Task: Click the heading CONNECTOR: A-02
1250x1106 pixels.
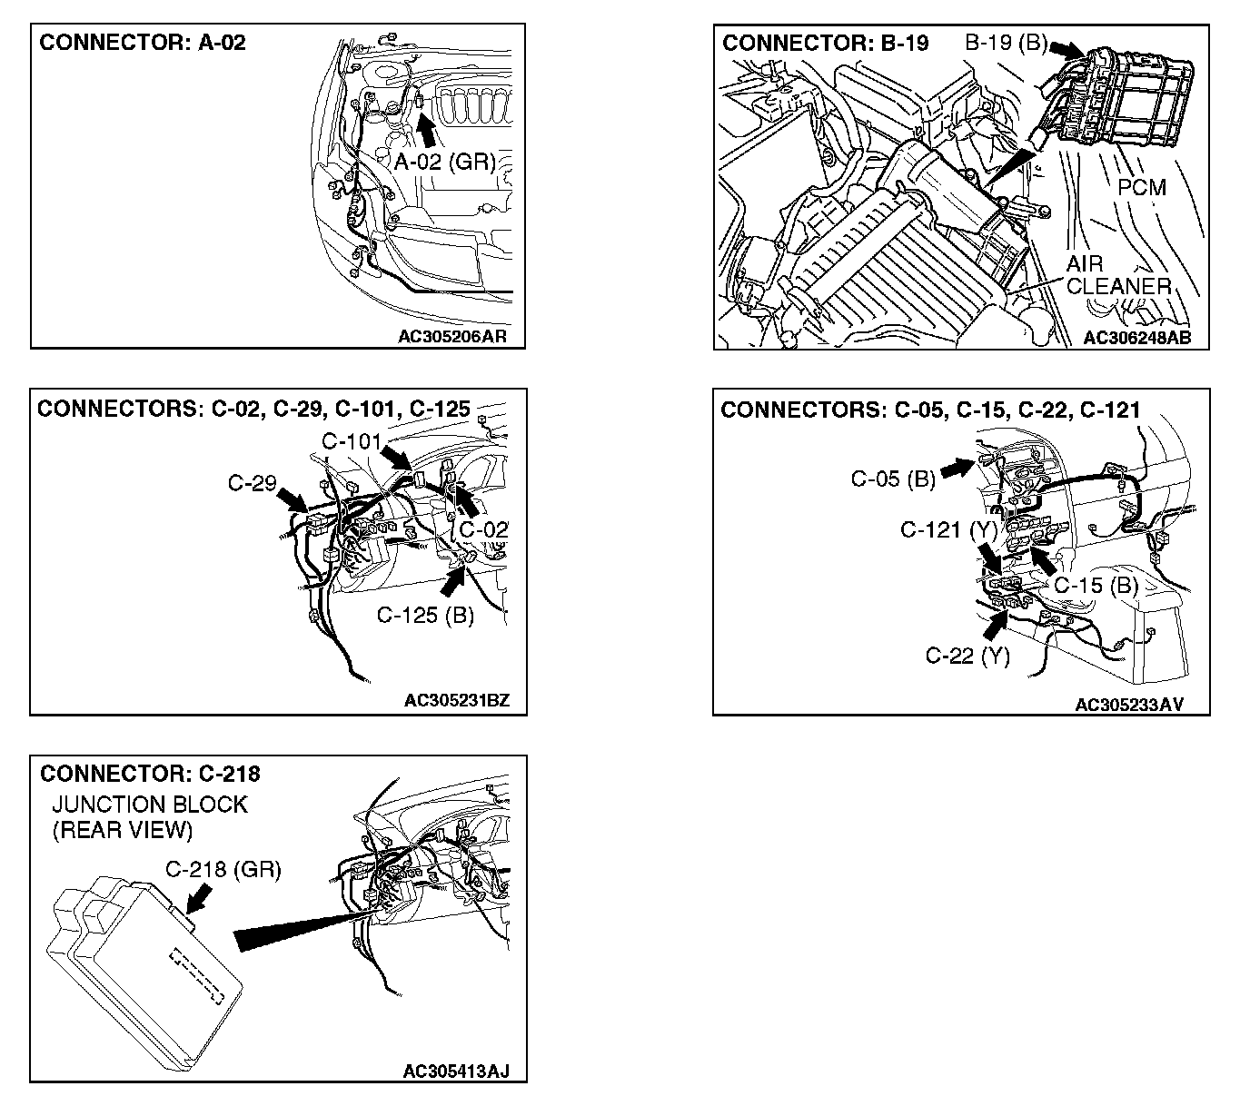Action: (x=143, y=43)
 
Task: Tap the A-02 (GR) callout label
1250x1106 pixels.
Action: (x=445, y=163)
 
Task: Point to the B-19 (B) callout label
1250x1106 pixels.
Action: (x=1006, y=43)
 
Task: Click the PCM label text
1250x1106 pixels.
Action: (x=1142, y=187)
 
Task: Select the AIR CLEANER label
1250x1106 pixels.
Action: (x=1117, y=275)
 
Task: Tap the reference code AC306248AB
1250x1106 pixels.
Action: (x=1136, y=338)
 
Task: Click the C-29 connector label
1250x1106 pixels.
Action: (x=252, y=483)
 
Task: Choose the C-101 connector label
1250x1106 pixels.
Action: (x=352, y=441)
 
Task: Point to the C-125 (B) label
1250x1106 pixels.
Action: (x=425, y=615)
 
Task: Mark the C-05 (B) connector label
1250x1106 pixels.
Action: (x=893, y=479)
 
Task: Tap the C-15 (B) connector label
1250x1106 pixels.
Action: (x=1096, y=585)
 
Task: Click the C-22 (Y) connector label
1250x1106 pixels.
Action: (x=967, y=655)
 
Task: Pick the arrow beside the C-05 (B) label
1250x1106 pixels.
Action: (x=957, y=468)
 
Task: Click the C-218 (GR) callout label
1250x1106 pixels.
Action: (x=223, y=869)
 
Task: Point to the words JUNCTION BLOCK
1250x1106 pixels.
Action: (x=150, y=805)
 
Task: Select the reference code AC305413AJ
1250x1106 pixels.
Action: (x=456, y=1071)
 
